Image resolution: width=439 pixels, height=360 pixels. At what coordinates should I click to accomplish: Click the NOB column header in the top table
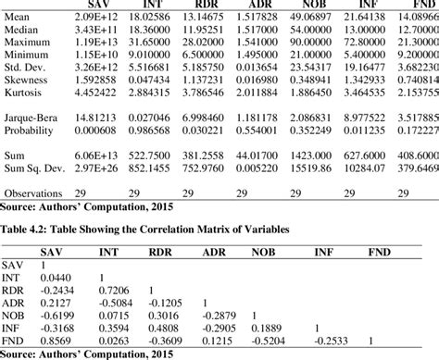tap(310, 6)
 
